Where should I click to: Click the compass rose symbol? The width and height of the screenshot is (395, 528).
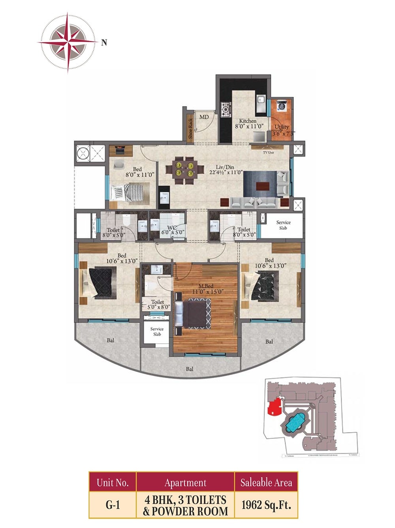(68, 42)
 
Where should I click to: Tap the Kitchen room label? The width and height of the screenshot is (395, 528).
(248, 121)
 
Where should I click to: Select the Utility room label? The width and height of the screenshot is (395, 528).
(282, 127)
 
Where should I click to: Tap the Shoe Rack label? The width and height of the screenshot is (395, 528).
(190, 128)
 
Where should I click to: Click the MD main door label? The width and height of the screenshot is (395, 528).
(204, 117)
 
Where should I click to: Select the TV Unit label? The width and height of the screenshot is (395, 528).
(268, 152)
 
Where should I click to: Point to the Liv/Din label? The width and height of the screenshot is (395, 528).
(225, 167)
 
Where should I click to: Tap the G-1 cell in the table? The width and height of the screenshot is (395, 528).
(113, 505)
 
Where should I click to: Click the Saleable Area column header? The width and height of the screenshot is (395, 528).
(266, 482)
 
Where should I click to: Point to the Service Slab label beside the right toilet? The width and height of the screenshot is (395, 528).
(283, 225)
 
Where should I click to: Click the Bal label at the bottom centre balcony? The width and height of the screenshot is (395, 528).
(190, 369)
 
